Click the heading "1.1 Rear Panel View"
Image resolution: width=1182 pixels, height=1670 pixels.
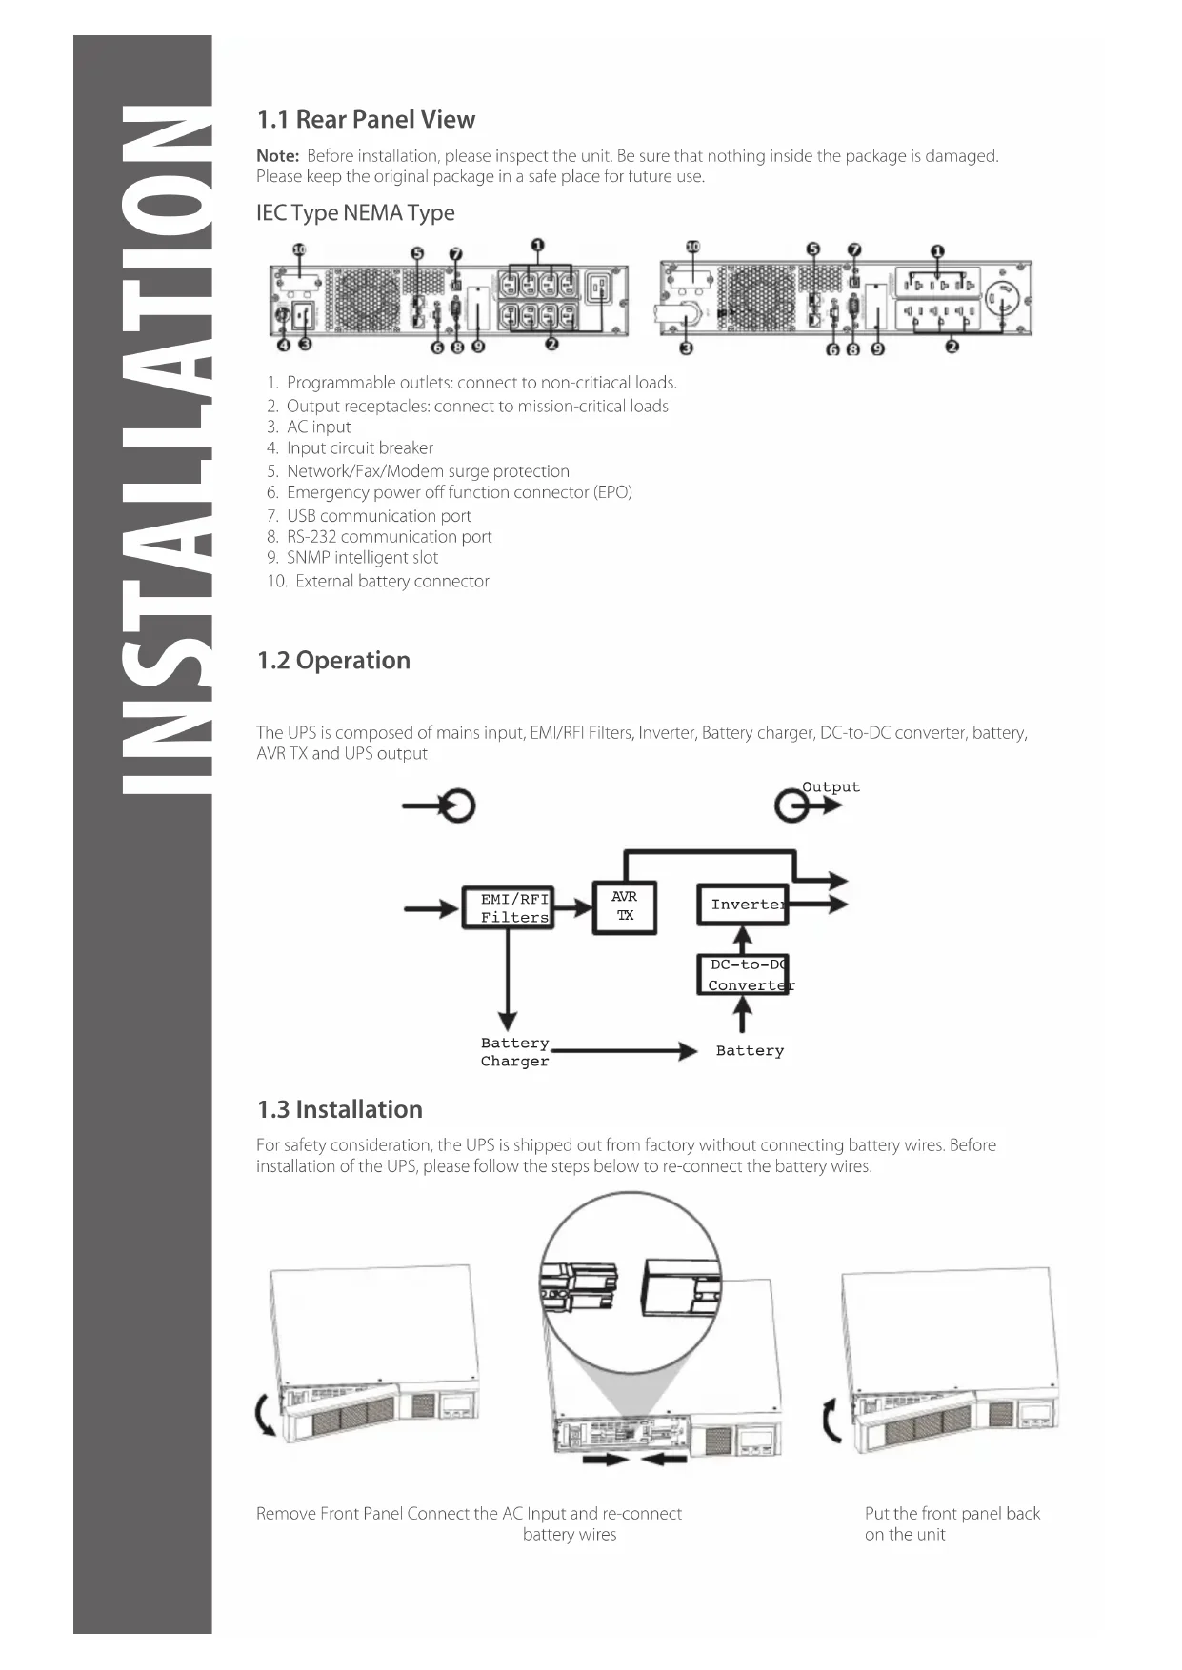click(x=366, y=119)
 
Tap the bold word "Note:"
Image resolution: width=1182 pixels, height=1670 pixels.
click(x=277, y=155)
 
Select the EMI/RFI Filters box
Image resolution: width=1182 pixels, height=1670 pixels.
click(x=509, y=907)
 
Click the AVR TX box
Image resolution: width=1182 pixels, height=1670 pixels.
click(x=625, y=907)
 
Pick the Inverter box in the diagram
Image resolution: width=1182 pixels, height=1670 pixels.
click(x=743, y=905)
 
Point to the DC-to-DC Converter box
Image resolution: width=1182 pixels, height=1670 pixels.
click(x=744, y=975)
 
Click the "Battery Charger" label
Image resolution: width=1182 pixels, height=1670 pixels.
click(x=514, y=1052)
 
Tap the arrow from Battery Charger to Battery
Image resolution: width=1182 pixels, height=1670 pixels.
click(x=624, y=1051)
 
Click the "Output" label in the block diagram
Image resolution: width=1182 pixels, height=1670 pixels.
click(x=831, y=787)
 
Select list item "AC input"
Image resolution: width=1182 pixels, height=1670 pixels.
click(x=318, y=427)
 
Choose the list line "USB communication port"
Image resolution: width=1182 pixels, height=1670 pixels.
click(x=378, y=515)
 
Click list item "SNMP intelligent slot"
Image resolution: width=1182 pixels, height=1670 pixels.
click(x=362, y=557)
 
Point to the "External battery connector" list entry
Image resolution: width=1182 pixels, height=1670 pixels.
click(x=391, y=581)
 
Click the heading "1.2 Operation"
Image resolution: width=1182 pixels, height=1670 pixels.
click(x=333, y=660)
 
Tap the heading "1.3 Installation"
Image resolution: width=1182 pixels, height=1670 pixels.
click(x=339, y=1109)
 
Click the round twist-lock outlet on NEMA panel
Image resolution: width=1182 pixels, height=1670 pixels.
click(x=1001, y=301)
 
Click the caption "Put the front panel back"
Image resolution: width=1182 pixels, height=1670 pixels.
click(x=952, y=1513)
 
